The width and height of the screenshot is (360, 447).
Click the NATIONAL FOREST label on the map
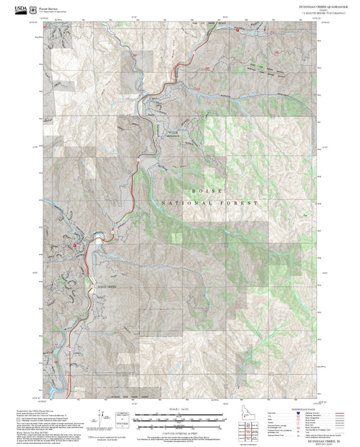(x=210, y=203)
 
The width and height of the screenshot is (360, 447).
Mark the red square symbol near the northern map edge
(x=238, y=30)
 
